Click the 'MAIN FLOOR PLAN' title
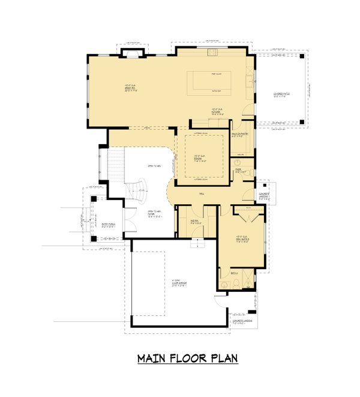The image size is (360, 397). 187,359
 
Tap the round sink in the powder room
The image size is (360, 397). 237,163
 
